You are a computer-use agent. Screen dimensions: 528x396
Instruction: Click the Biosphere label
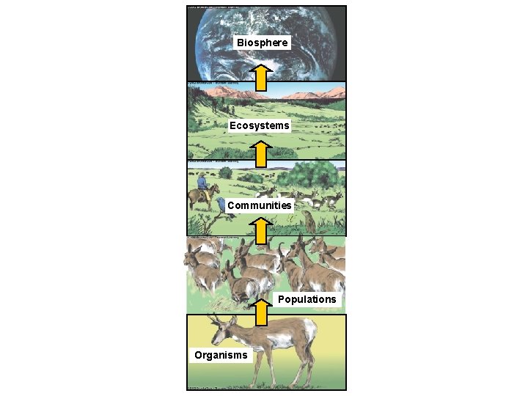[263, 43]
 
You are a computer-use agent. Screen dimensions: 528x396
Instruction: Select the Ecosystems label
[259, 125]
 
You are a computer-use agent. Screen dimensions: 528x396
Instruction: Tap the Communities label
[259, 205]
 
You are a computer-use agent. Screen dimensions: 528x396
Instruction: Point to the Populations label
[307, 299]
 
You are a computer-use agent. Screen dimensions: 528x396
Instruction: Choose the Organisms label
[221, 356]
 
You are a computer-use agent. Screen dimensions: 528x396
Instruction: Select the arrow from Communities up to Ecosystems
[260, 155]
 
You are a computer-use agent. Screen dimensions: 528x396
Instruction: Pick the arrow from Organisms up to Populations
[260, 310]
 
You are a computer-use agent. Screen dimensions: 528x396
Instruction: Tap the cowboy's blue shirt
[202, 184]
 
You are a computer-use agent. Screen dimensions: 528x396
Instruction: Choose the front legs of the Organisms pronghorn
[246, 370]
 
